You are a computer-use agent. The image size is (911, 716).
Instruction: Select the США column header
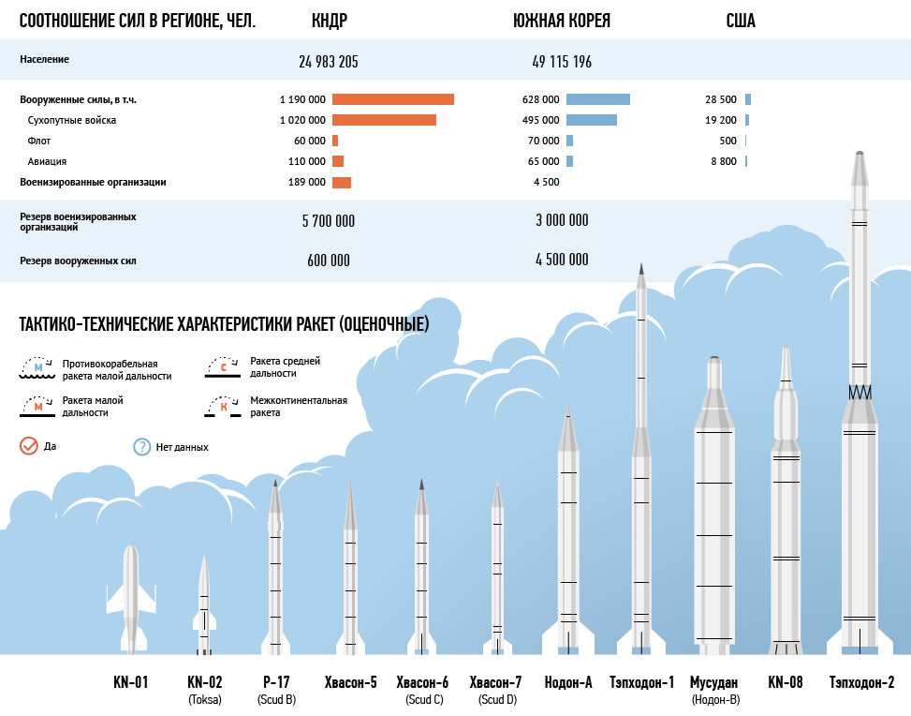pyautogui.click(x=740, y=21)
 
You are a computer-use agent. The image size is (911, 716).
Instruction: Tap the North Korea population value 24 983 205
pyautogui.click(x=329, y=62)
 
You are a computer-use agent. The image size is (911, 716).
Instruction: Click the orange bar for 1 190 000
pyautogui.click(x=392, y=99)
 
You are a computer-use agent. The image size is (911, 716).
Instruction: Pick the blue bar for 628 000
pyautogui.click(x=597, y=99)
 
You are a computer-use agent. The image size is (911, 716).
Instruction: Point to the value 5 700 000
pyautogui.click(x=328, y=221)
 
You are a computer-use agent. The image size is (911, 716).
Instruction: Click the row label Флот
pyautogui.click(x=38, y=142)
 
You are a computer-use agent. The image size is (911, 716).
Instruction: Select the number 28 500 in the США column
pyautogui.click(x=721, y=99)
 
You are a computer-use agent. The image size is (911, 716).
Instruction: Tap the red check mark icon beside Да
pyautogui.click(x=29, y=446)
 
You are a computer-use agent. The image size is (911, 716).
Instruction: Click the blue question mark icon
pyautogui.click(x=142, y=446)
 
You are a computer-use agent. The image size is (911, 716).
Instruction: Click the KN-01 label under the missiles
pyautogui.click(x=129, y=682)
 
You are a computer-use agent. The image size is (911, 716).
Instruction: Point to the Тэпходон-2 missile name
pyautogui.click(x=861, y=682)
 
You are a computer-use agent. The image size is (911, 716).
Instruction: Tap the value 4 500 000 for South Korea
pyautogui.click(x=562, y=260)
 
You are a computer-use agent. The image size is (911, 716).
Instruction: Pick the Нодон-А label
pyautogui.click(x=568, y=682)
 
